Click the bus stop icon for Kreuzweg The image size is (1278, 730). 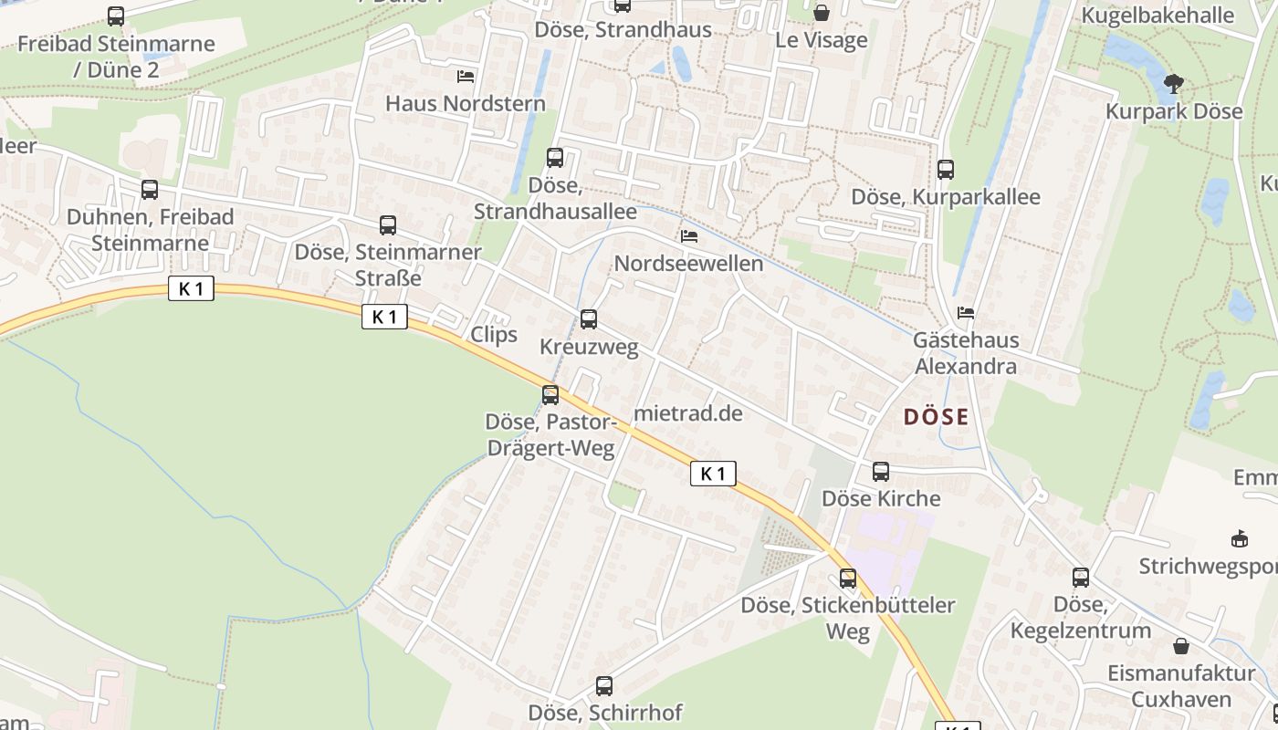click(589, 319)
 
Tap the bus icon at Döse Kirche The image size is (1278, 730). click(881, 472)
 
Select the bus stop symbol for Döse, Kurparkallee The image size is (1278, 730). click(946, 170)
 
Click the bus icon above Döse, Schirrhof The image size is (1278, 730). click(604, 686)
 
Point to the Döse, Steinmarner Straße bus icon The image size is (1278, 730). click(388, 225)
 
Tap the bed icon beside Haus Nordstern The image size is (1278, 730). click(466, 76)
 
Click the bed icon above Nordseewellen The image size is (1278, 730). click(689, 236)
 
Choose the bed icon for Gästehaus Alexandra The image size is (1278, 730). click(966, 314)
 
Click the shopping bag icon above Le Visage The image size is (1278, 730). click(822, 13)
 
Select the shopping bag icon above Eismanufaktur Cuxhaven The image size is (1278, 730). click(1181, 646)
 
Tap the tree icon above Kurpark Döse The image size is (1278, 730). click(1174, 84)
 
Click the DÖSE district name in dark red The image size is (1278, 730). click(936, 417)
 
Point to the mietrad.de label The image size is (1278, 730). click(688, 413)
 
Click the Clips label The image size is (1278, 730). click(494, 335)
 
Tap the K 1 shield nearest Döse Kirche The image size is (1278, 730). click(713, 474)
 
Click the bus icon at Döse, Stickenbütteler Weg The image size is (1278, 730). click(848, 579)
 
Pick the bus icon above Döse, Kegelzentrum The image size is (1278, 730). click(1081, 578)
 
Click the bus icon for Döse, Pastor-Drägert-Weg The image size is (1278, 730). click(550, 395)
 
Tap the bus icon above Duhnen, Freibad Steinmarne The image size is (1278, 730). click(150, 190)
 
